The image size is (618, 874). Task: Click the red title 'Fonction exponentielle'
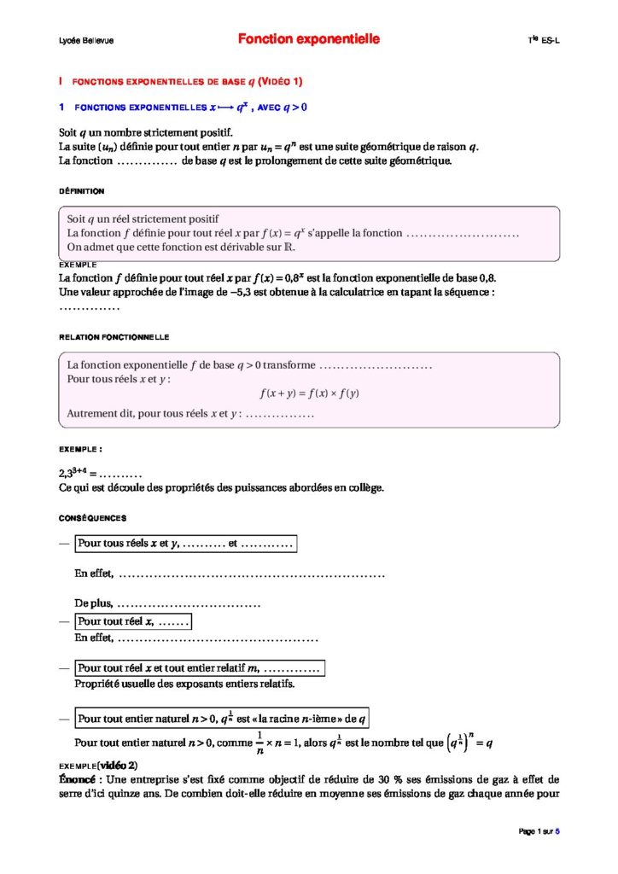[x=308, y=39]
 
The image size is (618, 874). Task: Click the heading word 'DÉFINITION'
[x=82, y=191]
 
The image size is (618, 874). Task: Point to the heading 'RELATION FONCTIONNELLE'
[x=114, y=337]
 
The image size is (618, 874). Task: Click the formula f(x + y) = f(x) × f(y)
[x=309, y=393]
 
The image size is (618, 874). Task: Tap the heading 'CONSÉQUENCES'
[x=92, y=518]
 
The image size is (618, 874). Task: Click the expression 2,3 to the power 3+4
[x=75, y=472]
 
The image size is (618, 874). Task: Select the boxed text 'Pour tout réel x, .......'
[x=132, y=621]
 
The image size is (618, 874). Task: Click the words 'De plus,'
[x=94, y=604]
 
